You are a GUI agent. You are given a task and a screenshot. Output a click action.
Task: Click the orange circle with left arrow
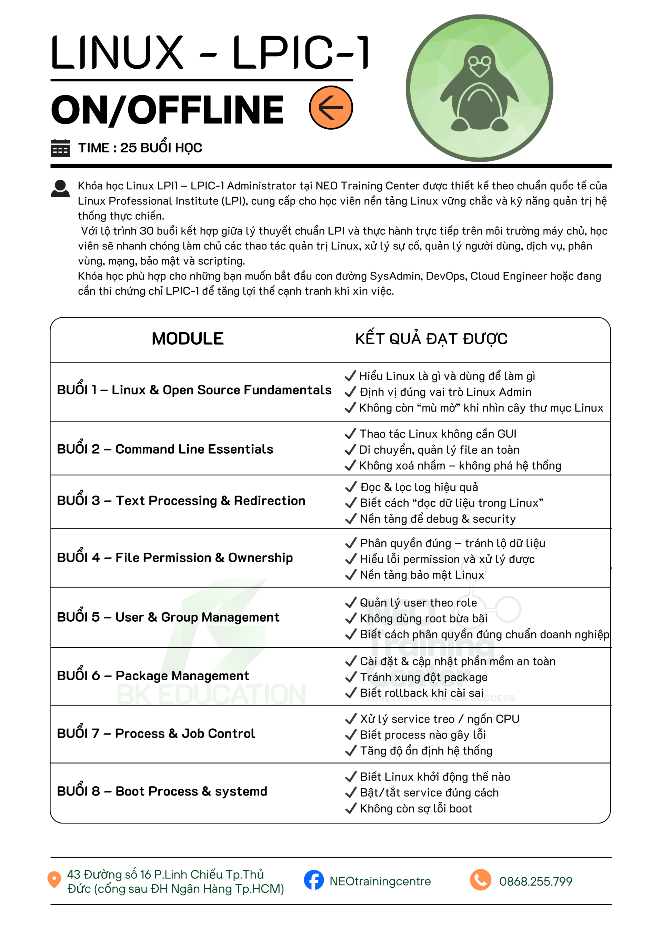pos(330,108)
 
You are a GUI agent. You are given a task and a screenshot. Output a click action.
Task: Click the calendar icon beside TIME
pos(60,148)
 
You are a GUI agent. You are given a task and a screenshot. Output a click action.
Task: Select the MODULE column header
pos(188,339)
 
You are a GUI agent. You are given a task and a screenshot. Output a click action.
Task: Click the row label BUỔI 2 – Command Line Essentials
pos(165,449)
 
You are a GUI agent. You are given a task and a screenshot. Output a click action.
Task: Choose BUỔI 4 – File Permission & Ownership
pos(174,558)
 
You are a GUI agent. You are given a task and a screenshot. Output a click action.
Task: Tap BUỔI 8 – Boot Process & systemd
pos(162,791)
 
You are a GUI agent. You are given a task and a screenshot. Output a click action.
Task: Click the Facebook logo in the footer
pos(314,880)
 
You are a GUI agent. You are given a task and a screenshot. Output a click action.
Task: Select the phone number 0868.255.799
pos(535,881)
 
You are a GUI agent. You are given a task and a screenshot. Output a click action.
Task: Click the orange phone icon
pos(481,880)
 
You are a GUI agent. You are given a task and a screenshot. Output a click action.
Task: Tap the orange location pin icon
pos(54,879)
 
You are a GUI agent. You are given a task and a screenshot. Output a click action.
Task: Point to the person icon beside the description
pos(60,189)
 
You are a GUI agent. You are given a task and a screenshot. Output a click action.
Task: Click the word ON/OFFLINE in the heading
pos(167,109)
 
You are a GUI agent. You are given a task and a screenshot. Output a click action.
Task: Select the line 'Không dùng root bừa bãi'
pos(423,619)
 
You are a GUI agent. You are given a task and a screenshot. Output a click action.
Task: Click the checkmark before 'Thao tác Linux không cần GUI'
pos(350,434)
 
